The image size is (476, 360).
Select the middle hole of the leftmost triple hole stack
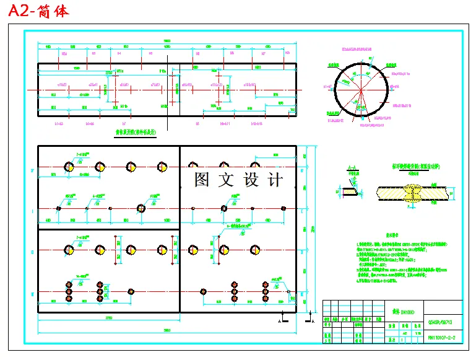click(x=69, y=291)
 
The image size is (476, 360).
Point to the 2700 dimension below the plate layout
click(x=109, y=318)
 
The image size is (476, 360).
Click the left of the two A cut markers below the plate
click(x=280, y=322)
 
